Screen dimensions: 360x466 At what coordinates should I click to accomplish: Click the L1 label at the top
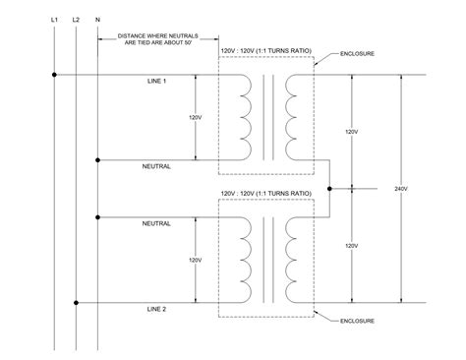pos(54,19)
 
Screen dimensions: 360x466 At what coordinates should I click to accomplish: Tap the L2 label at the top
pos(77,19)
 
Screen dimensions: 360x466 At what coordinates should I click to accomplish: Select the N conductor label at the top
pos(97,19)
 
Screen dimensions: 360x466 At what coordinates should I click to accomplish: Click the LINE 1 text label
pos(155,81)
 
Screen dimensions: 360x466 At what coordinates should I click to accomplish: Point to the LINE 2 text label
pos(155,309)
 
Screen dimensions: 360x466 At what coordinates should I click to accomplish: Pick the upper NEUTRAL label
pos(156,166)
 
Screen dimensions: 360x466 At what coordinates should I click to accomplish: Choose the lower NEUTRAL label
pos(156,223)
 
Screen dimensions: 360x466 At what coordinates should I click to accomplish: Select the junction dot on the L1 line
pos(54,75)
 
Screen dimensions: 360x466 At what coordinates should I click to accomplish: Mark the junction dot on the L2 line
pos(76,302)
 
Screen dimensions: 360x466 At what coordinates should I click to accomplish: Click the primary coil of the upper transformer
pos(243,116)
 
